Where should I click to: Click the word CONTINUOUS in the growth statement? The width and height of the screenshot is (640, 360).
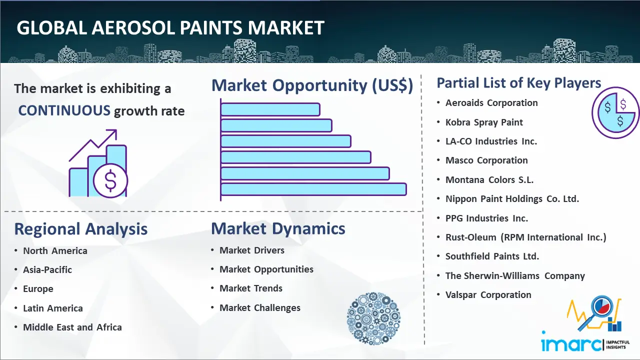(x=64, y=110)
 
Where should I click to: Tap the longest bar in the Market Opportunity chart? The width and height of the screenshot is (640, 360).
(x=313, y=189)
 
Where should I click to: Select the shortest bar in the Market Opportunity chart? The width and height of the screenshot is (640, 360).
(x=270, y=109)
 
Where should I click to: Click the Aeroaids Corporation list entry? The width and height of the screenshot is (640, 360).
(x=491, y=103)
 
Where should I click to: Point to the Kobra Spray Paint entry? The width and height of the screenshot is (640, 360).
(x=484, y=122)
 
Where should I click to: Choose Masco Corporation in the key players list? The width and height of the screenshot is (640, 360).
(x=486, y=160)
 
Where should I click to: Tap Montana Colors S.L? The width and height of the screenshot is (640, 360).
(x=489, y=179)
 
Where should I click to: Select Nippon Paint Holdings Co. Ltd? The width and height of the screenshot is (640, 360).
(x=512, y=199)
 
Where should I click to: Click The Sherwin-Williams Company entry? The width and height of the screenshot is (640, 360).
(x=515, y=275)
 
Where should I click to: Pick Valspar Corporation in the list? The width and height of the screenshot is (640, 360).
(x=488, y=295)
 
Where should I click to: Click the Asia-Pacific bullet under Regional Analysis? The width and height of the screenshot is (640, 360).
(x=47, y=269)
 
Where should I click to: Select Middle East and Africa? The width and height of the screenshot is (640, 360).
(x=72, y=327)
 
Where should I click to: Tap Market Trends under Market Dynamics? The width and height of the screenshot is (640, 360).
(x=251, y=288)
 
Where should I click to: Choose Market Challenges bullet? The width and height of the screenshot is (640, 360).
(x=259, y=307)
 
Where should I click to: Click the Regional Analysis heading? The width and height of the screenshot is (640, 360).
(x=81, y=229)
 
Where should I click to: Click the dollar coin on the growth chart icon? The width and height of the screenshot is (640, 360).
(x=110, y=181)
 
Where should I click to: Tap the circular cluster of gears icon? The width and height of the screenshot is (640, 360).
(x=373, y=318)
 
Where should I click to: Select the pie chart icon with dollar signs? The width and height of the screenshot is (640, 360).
(x=615, y=112)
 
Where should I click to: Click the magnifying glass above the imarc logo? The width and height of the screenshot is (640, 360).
(x=596, y=312)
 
